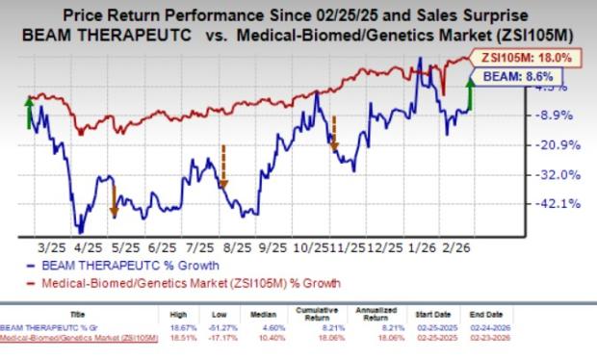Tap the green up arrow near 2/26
470,94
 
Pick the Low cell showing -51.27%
241,329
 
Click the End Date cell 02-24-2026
503,329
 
